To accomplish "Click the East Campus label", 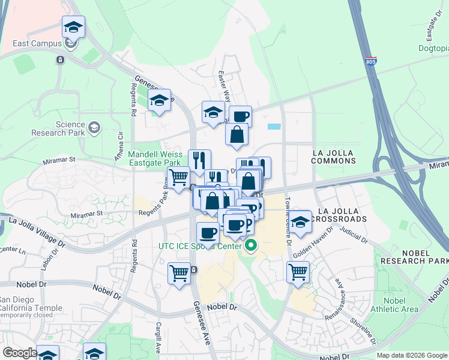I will tap(38, 44).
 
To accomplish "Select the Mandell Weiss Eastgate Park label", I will tap(154, 158).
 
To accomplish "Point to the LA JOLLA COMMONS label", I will tap(334, 157).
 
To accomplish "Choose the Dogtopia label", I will tap(433, 49).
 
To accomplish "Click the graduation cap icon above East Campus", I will tap(73, 28).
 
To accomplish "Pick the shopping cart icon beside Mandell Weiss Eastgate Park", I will tap(178, 178).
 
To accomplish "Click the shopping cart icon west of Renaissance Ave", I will tap(298, 272).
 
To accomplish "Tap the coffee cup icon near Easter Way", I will tap(240, 116).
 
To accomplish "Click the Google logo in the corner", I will tap(19, 353).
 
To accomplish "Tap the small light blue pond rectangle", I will tap(274, 127).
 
